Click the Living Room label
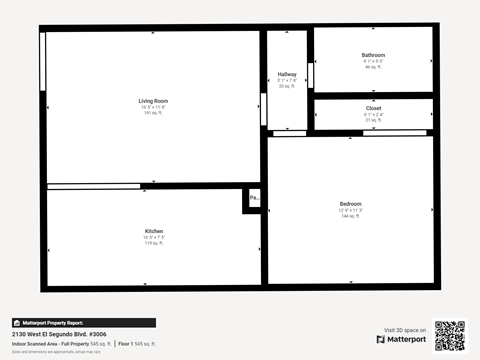pos(153,101)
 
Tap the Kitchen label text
pos(154,231)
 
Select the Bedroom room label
pos(350,204)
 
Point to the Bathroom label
pos(373,55)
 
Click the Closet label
pos(373,108)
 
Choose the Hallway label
pos(287,74)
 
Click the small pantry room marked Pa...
pos(254,198)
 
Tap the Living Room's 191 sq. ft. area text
pos(153,113)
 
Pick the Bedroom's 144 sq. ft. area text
pos(350,216)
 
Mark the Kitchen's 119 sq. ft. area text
pos(154,243)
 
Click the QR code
pos(450,336)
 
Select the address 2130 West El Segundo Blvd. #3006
pos(59,334)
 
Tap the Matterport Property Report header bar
pos(84,323)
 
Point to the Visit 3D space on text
pos(405,329)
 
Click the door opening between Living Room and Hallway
pos(263,108)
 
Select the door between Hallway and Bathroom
pos(311,75)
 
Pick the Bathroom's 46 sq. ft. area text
pos(373,67)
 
